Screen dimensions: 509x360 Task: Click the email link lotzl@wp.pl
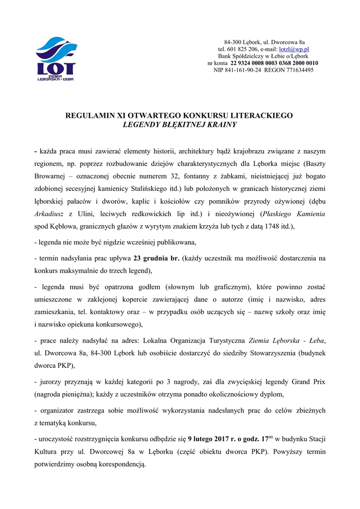[x=294, y=50]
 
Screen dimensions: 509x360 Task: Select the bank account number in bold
[x=274, y=64]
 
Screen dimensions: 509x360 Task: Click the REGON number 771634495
[x=296, y=71]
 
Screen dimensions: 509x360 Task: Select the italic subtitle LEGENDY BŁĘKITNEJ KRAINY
[x=180, y=125]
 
